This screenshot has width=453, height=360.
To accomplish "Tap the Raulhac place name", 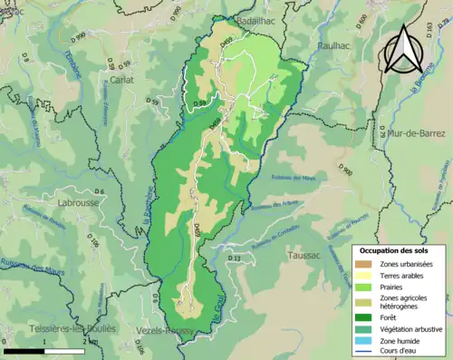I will pyautogui.click(x=340, y=44).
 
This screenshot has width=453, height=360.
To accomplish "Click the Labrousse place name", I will pyautogui.click(x=83, y=202).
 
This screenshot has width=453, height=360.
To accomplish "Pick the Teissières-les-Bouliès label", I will pyautogui.click(x=58, y=329).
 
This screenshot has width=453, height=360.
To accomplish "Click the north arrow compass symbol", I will pyautogui.click(x=404, y=51).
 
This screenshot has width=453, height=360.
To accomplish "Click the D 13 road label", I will pyautogui.click(x=235, y=259).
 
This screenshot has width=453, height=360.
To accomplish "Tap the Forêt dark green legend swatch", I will pyautogui.click(x=366, y=316).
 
